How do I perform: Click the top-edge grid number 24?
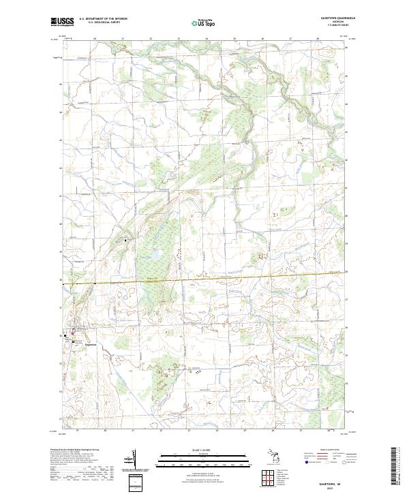(x=207, y=39)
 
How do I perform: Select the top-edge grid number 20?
(x=95, y=39)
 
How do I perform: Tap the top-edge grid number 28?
(x=318, y=39)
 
